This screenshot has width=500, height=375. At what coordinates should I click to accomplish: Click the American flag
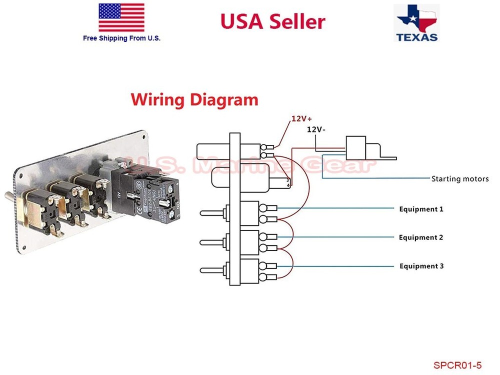click(x=121, y=17)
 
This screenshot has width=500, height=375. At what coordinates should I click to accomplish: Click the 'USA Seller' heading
click(x=272, y=21)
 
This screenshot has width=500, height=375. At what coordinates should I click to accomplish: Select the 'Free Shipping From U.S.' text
click(x=122, y=38)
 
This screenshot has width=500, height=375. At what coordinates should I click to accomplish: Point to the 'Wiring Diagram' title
click(x=194, y=99)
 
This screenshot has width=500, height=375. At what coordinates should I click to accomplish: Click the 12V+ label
click(x=301, y=119)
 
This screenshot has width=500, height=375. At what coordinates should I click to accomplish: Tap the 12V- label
click(x=316, y=129)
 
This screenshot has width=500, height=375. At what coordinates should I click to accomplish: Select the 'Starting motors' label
click(x=459, y=178)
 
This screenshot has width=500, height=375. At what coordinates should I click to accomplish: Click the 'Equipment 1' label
click(x=421, y=209)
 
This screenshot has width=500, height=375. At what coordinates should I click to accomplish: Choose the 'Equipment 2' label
click(x=421, y=237)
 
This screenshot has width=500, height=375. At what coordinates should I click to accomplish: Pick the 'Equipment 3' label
click(x=421, y=266)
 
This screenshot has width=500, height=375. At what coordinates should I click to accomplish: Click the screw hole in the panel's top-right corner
click(x=143, y=135)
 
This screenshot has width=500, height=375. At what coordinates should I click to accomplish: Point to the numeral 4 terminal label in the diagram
click(x=287, y=185)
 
